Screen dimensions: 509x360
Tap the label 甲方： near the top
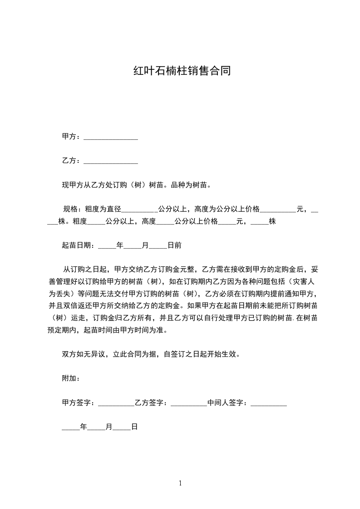pyautogui.click(x=71, y=137)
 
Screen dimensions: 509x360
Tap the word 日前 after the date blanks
pyautogui.click(x=175, y=245)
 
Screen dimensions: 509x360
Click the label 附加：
pyautogui.click(x=71, y=378)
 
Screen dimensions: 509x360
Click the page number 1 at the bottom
pyautogui.click(x=180, y=483)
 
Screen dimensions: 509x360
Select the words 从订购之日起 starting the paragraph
pyautogui.click(x=85, y=269)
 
